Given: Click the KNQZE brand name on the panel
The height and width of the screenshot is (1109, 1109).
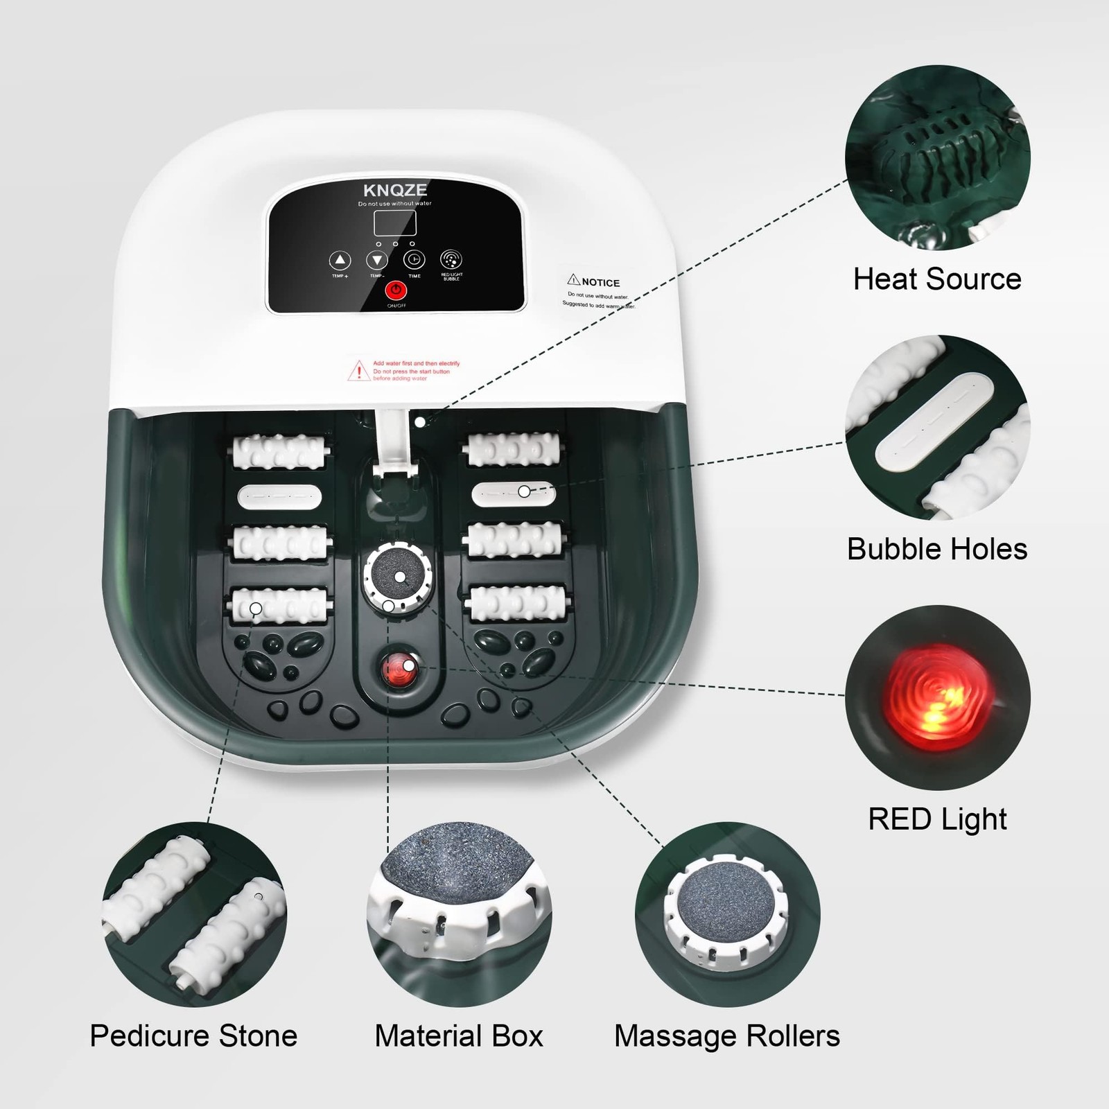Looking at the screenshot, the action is pos(395,191).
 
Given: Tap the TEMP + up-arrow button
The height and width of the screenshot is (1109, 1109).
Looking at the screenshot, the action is pos(340,261).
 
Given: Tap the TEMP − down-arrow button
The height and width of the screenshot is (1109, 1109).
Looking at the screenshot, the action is pos(377,261).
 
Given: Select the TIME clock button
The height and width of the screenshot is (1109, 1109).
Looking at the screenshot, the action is pos(414,260).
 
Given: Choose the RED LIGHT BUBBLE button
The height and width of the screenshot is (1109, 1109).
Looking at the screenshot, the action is pos(451,260).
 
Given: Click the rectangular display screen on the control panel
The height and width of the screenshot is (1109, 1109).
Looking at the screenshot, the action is pos(395,223).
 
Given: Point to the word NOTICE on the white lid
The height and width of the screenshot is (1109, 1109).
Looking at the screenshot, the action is pos(600,282).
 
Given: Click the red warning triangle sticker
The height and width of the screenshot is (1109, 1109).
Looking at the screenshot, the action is pos(358,371).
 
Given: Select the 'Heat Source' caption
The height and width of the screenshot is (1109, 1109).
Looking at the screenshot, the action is pos(937,279).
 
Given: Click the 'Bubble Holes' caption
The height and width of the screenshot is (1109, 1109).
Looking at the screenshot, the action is pos(937,549).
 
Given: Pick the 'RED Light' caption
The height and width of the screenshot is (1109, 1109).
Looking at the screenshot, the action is pos(937,819).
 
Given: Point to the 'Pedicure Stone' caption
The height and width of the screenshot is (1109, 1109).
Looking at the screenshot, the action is pos(193,1036).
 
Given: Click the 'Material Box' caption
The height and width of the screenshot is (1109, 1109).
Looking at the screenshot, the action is pos(459,1036).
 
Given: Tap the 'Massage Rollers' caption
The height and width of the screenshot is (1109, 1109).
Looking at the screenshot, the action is pos(727,1036).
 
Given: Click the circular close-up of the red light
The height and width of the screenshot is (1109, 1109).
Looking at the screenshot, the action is pos(937,697).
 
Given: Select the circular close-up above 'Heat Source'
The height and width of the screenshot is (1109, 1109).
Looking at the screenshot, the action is pos(937,157).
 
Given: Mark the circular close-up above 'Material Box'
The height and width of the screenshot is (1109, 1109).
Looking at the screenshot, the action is pos(459,914).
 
